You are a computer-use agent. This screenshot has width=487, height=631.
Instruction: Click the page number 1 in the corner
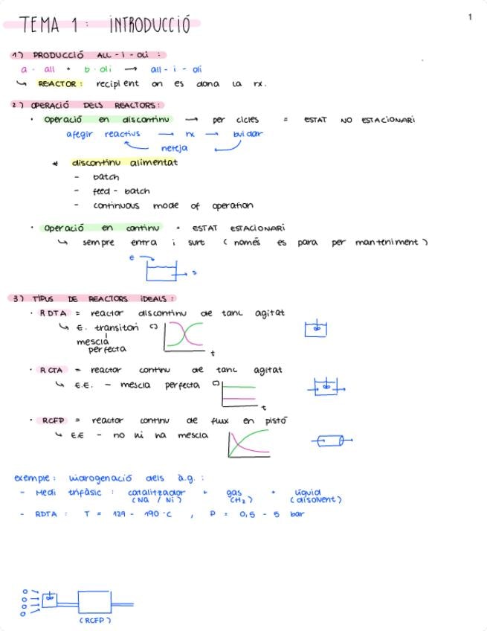(x=470, y=16)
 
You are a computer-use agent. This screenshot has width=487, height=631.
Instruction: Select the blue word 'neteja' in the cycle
(x=174, y=148)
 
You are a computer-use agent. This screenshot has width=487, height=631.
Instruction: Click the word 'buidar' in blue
(x=248, y=134)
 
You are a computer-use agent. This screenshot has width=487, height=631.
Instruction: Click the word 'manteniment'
(x=387, y=243)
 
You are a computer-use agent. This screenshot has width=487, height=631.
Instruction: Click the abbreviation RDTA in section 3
(x=52, y=313)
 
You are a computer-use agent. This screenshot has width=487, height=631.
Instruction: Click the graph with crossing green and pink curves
(x=184, y=336)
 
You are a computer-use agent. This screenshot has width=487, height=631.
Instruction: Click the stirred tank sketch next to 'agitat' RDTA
(x=316, y=329)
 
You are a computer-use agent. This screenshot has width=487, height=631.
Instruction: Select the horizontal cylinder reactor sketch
(x=332, y=441)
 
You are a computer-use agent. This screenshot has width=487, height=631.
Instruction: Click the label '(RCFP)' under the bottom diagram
(x=95, y=619)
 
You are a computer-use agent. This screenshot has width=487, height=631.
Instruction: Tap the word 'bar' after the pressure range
(x=297, y=514)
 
